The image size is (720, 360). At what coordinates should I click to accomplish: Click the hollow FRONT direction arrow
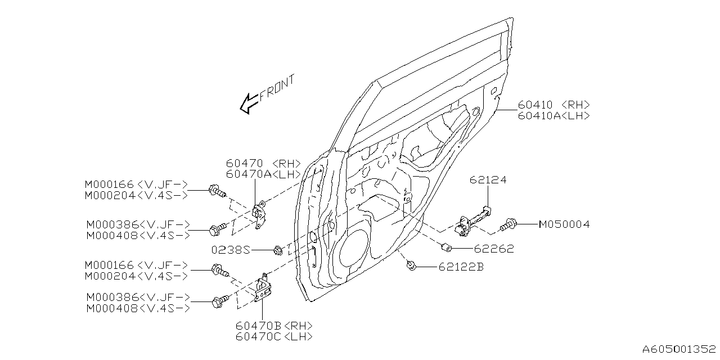point(248,103)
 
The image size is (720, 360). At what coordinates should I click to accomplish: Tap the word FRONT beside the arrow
point(277,88)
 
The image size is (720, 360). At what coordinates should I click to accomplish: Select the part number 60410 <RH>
point(553,105)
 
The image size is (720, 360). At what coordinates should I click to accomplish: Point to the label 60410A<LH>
point(553,115)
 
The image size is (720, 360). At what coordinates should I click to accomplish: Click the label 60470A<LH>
point(264,174)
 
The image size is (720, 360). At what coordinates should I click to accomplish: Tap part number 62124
point(488,180)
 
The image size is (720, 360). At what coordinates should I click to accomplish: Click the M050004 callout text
point(564,224)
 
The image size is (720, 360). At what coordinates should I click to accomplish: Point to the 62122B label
point(461,267)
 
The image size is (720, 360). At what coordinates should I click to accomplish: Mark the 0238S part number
point(231,249)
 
